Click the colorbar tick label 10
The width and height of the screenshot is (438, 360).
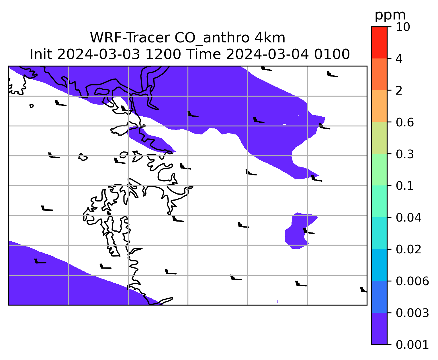[x=403, y=27]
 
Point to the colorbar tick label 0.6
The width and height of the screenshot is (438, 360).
[x=404, y=122]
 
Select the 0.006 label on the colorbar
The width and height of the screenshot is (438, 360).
[x=412, y=281]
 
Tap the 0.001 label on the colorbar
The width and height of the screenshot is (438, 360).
[x=412, y=345]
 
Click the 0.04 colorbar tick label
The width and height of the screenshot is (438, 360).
[x=408, y=218]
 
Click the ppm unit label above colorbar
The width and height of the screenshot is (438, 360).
[x=390, y=15]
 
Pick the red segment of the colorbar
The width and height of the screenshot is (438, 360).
[x=379, y=42]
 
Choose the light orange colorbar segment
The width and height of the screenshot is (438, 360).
[x=379, y=106]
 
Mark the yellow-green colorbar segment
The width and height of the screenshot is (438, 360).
[x=379, y=138]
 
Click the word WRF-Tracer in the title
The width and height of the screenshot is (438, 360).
[x=130, y=38]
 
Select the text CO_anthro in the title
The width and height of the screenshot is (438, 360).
[x=212, y=38]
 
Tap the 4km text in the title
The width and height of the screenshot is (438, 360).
[x=270, y=38]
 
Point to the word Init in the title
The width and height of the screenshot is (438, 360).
[x=41, y=54]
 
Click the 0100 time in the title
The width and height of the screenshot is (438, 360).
[x=332, y=54]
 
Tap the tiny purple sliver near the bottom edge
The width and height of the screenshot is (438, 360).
[x=278, y=300]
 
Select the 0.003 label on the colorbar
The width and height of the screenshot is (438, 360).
[x=412, y=313]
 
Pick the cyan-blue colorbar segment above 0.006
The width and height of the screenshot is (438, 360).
[x=379, y=265]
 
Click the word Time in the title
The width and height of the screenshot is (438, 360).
[x=204, y=54]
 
